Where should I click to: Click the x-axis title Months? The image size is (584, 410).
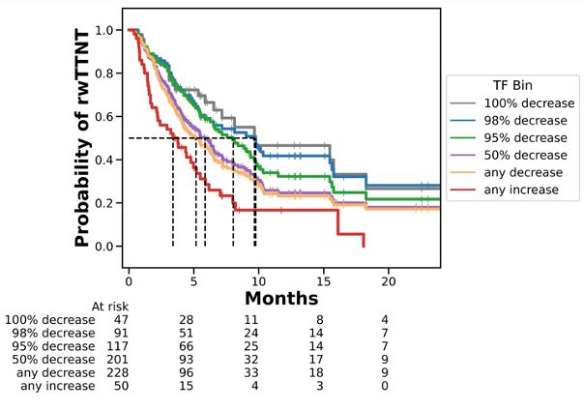point(280,299)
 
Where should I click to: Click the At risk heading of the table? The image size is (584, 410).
point(110,307)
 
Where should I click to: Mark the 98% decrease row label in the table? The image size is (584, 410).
point(50,333)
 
